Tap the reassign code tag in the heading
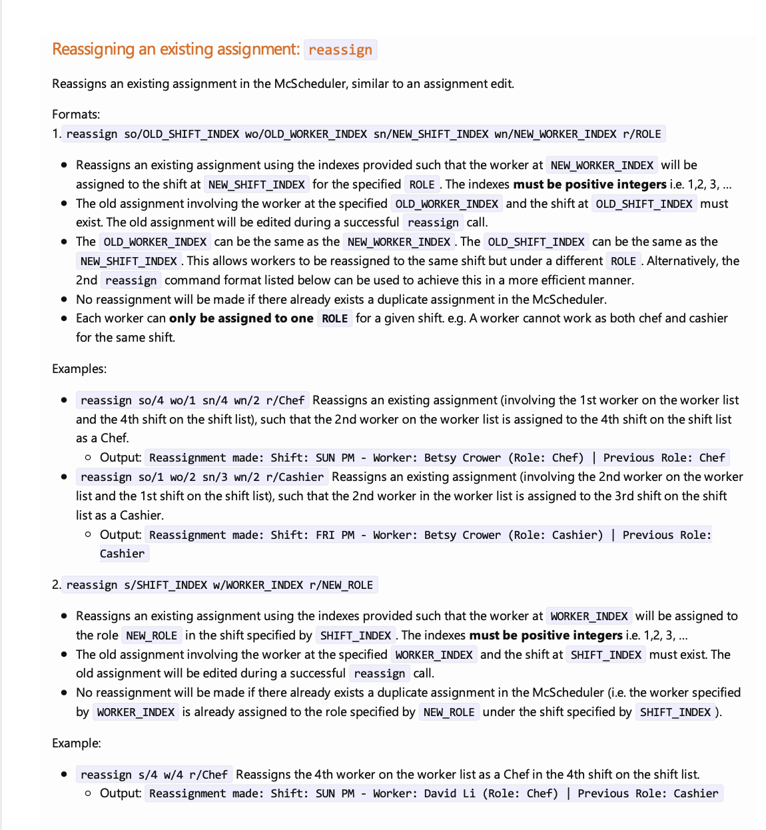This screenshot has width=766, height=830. (x=340, y=50)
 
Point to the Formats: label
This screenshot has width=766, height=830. (x=76, y=115)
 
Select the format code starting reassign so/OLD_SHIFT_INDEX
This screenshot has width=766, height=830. (x=364, y=134)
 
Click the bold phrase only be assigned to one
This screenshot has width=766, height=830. (x=241, y=318)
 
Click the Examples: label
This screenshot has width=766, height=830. (x=79, y=369)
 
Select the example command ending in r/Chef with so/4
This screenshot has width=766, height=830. (x=192, y=400)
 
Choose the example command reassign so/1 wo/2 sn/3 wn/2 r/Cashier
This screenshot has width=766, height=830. (x=202, y=477)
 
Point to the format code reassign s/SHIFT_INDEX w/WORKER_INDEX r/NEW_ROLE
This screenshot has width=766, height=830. (x=220, y=585)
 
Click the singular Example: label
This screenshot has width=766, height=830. (x=77, y=743)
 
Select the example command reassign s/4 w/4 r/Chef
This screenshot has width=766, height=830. (x=154, y=775)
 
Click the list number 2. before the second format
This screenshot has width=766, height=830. (x=57, y=585)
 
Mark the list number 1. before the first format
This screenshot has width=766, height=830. (x=57, y=134)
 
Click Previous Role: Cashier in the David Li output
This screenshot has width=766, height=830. (x=647, y=793)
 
